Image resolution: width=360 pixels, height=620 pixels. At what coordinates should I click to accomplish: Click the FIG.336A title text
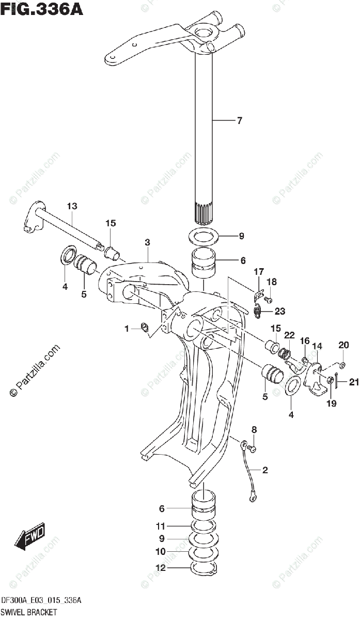click(41, 9)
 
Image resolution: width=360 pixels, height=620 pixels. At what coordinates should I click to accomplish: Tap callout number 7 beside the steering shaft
click(239, 121)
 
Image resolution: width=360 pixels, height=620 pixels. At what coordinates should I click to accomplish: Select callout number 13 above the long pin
click(71, 206)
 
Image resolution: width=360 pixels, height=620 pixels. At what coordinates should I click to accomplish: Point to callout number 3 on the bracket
click(147, 242)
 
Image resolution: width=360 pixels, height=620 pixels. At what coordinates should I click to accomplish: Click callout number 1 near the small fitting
click(126, 329)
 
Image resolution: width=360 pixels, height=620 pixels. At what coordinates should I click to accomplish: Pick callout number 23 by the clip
click(279, 311)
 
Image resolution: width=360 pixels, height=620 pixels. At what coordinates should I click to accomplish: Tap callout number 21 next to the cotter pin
click(353, 382)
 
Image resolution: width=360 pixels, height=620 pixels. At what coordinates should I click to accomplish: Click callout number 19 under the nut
click(331, 403)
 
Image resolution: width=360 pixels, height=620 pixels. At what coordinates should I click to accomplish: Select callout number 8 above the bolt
click(254, 430)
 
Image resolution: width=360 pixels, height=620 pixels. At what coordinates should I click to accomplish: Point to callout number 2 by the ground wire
click(265, 470)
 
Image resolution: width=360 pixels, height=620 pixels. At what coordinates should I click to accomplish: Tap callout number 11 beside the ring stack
click(161, 526)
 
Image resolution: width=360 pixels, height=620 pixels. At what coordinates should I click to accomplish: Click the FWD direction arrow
click(30, 537)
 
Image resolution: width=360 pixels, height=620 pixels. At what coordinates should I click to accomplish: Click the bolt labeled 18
click(268, 299)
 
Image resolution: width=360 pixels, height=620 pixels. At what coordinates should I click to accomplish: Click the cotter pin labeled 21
click(336, 382)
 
